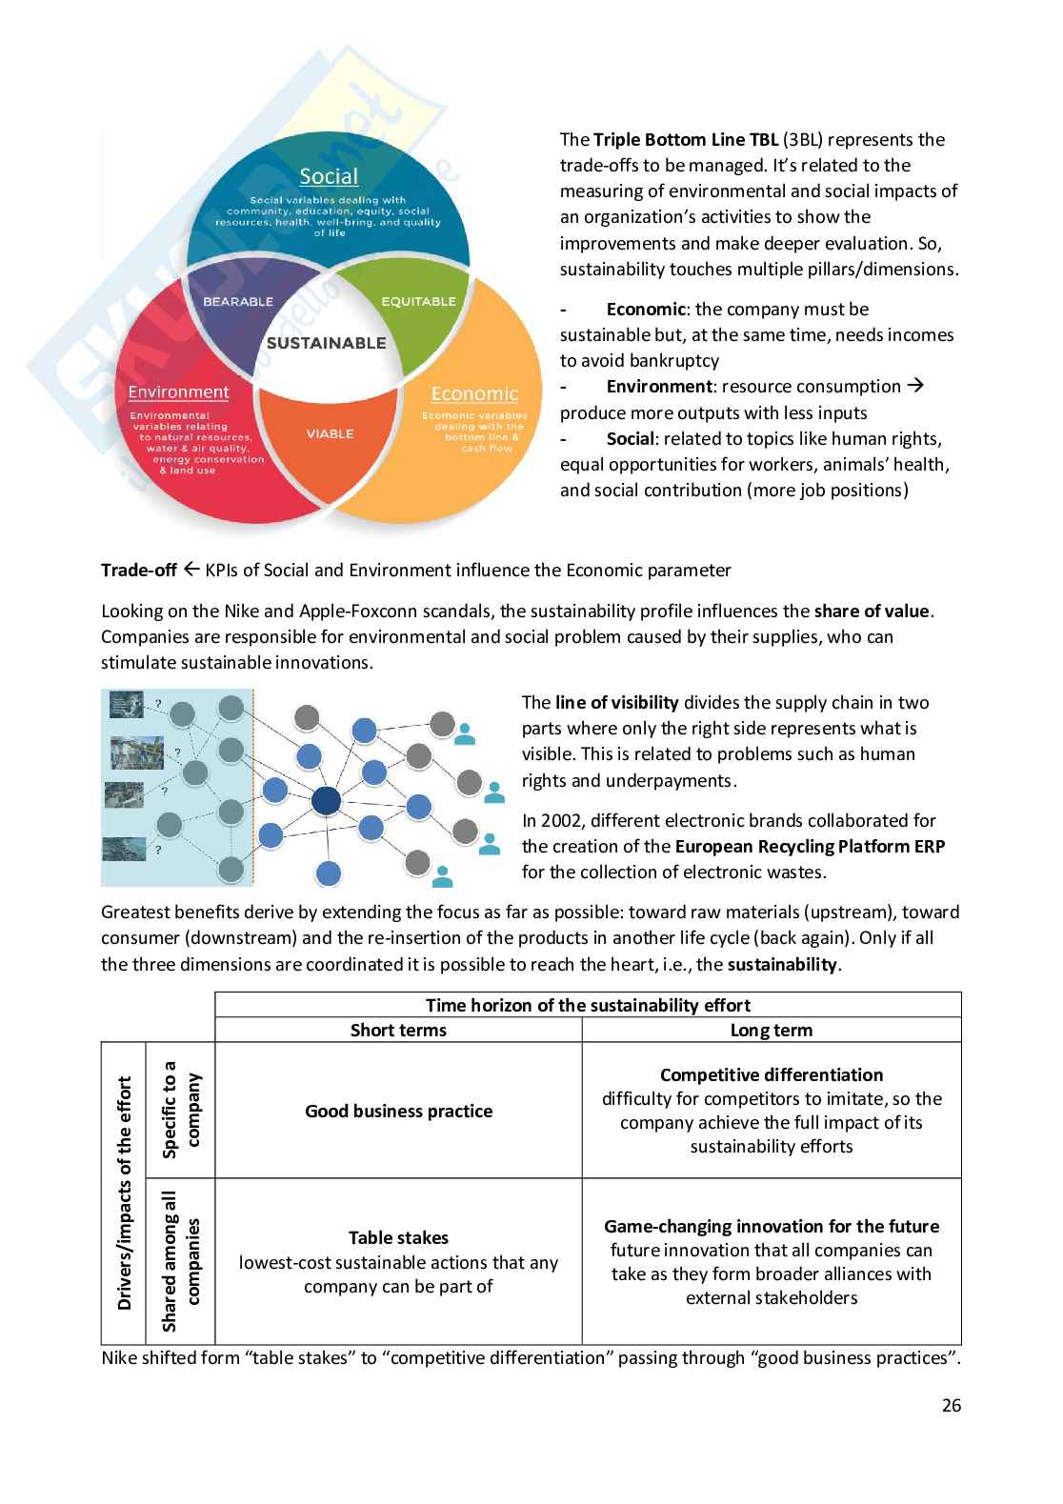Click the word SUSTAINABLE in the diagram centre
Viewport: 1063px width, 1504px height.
click(x=326, y=343)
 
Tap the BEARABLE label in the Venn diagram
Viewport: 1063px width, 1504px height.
click(x=238, y=301)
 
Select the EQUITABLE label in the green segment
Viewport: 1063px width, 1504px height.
click(x=418, y=301)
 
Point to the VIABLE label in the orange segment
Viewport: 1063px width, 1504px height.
click(x=330, y=433)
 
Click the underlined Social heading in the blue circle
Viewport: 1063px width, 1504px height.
click(x=329, y=176)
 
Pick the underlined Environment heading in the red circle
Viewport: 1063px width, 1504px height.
click(x=178, y=391)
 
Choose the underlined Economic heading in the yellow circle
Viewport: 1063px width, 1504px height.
click(x=474, y=393)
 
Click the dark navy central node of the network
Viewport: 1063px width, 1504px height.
click(x=326, y=801)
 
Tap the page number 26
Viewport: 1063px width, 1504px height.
click(x=951, y=1405)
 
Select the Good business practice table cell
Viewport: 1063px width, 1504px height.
click(x=398, y=1111)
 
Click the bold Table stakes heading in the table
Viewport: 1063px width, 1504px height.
click(x=398, y=1237)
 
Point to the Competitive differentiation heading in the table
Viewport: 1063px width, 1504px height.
click(x=771, y=1074)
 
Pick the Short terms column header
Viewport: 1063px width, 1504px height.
click(x=398, y=1030)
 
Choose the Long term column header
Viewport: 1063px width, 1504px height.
click(x=771, y=1030)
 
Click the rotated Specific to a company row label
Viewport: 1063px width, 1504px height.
click(x=181, y=1110)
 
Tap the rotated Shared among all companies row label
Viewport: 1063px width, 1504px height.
click(x=181, y=1260)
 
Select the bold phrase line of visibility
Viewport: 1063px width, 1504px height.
click(x=616, y=702)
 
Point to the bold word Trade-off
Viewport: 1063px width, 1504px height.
click(x=139, y=570)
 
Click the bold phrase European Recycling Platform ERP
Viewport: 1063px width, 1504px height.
click(x=810, y=846)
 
